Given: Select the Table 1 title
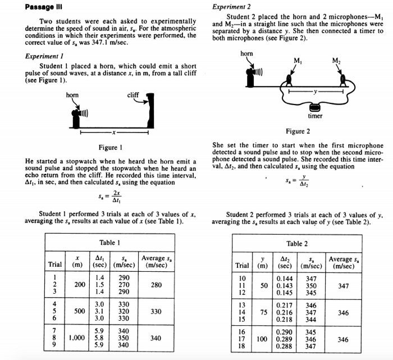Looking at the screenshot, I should click(x=111, y=243).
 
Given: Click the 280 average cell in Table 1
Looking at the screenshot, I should click(x=157, y=285).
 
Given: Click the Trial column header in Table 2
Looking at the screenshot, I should click(x=243, y=266).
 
